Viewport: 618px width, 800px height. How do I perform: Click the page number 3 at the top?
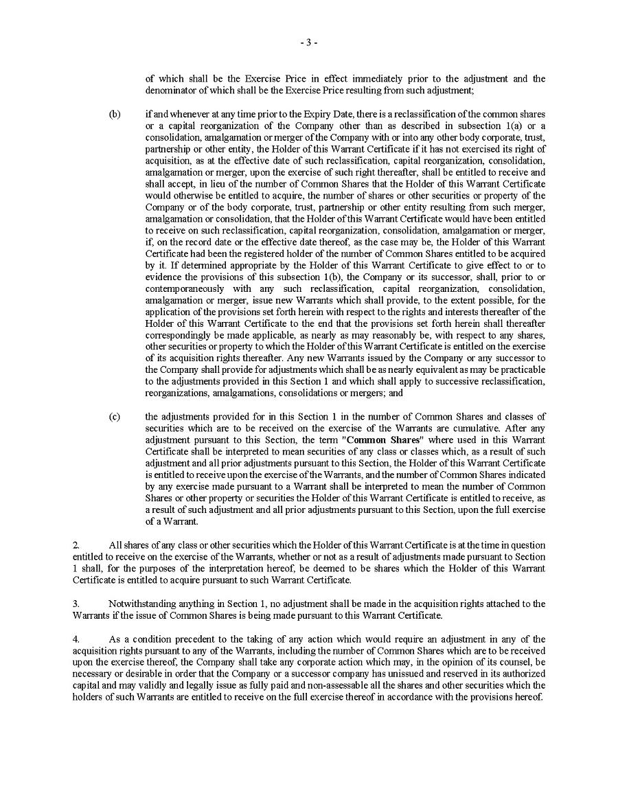coord(308,43)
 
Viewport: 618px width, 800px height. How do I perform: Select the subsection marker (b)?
coord(115,114)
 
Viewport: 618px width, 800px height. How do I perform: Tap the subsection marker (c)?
coord(115,417)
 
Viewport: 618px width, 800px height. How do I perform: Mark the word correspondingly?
coord(179,335)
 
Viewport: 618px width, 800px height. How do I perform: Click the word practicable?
coord(521,369)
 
